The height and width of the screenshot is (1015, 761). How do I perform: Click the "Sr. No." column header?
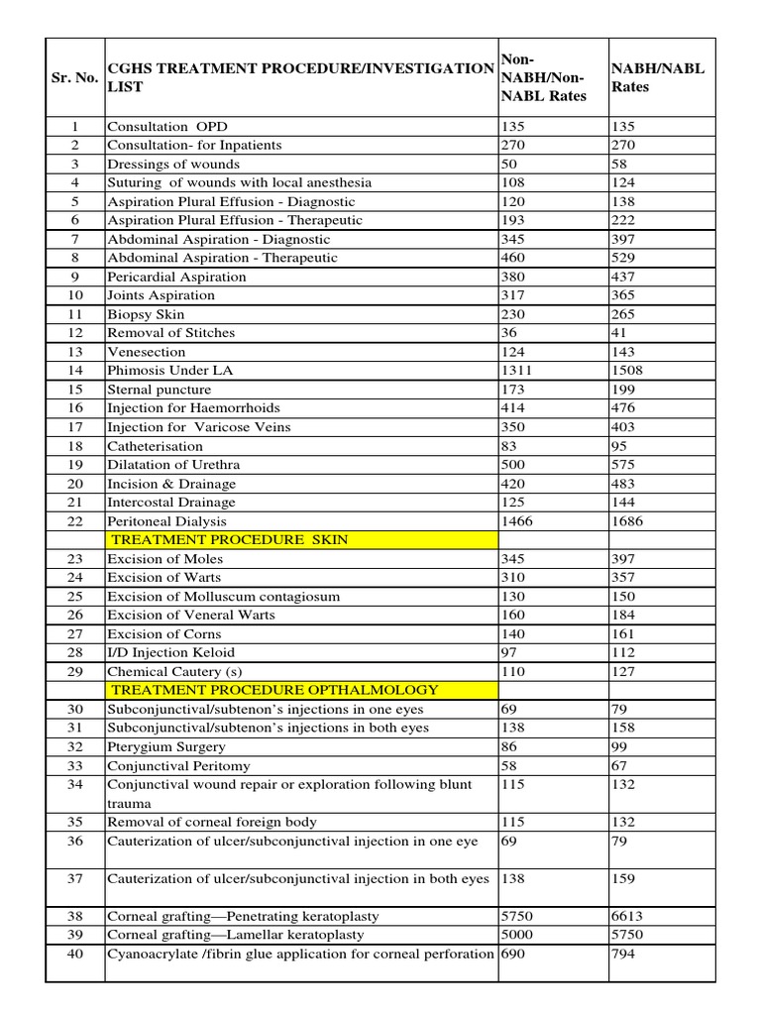(x=74, y=77)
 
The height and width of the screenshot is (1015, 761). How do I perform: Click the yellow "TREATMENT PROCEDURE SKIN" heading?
(x=229, y=539)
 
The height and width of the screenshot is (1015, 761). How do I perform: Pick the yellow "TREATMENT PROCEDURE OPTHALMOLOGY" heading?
(x=274, y=690)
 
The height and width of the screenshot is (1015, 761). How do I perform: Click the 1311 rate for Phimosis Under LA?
(x=520, y=370)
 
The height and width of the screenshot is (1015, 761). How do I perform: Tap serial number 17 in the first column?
(x=74, y=427)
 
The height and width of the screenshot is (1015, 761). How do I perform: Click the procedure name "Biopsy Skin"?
(x=145, y=314)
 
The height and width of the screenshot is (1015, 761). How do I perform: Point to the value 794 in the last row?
(x=624, y=954)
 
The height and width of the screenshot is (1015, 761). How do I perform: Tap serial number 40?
(x=74, y=954)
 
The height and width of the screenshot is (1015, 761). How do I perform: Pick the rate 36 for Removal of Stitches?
(x=512, y=333)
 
